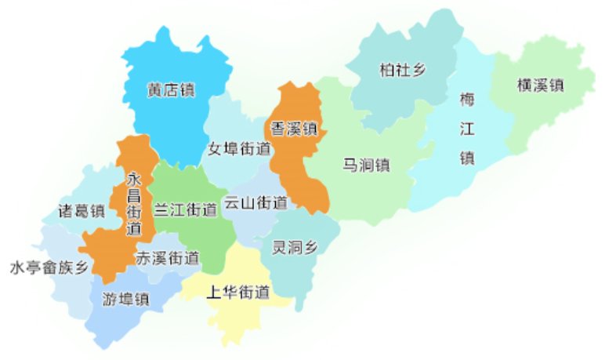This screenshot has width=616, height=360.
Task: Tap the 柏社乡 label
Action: [x=402, y=71]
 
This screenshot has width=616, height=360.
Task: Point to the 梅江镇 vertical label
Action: [x=467, y=129]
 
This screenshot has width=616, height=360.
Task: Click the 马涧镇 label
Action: [x=366, y=165]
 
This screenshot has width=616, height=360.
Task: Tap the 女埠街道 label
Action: [x=239, y=148]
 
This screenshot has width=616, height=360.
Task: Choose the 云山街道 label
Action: [x=255, y=202]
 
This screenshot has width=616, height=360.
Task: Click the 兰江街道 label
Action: [x=185, y=209]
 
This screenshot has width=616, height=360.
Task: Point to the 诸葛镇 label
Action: [x=82, y=210]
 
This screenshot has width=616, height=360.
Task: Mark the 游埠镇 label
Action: [x=125, y=299]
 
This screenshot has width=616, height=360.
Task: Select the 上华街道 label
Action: [x=237, y=293]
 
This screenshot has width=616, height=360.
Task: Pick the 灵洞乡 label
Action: [x=295, y=248]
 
